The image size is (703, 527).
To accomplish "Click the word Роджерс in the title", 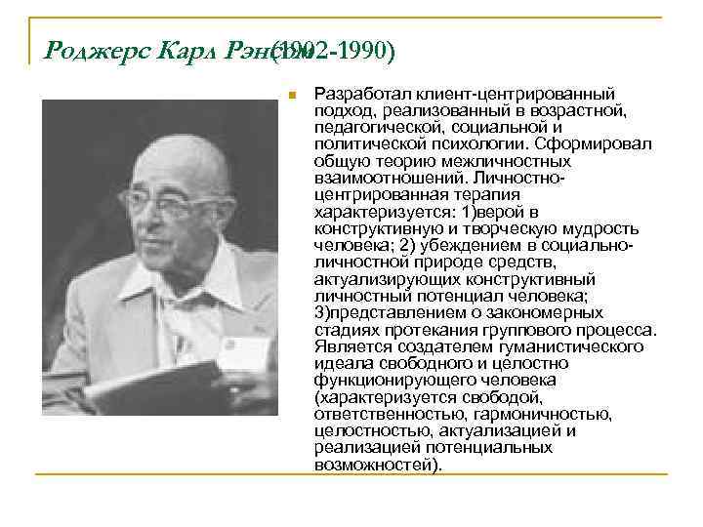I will pyautogui.click(x=79, y=51).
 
